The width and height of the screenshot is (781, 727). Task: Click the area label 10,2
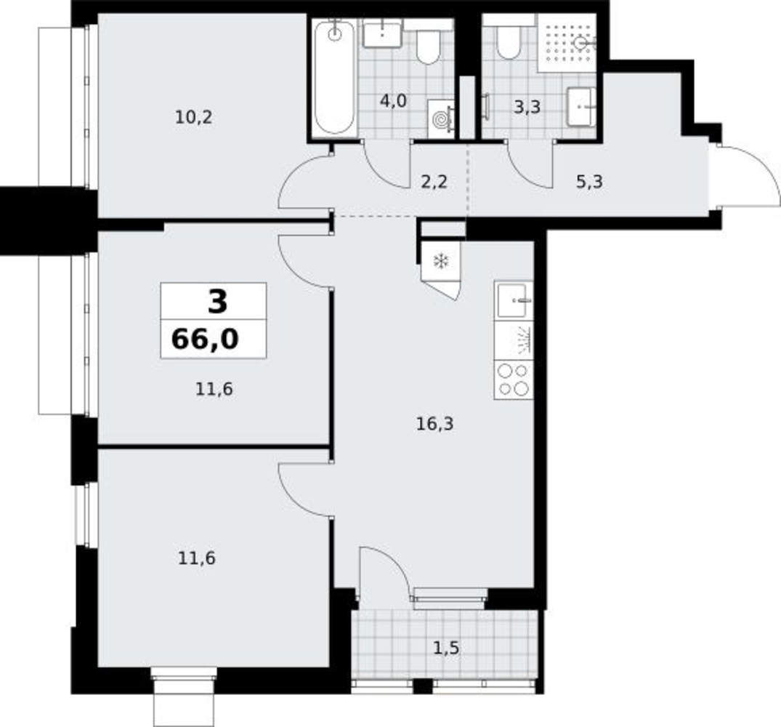194,118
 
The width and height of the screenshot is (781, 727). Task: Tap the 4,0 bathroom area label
393,101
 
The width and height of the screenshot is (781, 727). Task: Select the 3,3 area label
527,107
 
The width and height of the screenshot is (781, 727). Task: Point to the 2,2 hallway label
434,182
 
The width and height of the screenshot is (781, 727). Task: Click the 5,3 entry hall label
589,182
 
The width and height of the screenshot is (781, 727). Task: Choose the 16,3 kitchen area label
435,424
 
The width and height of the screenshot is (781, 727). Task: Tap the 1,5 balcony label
446,648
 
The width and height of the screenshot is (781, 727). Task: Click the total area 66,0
205,340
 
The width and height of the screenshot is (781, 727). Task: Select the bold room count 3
218,302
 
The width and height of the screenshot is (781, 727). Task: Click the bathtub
335,77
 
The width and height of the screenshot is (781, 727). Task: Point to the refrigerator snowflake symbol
441,260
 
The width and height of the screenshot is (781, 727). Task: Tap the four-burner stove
514,379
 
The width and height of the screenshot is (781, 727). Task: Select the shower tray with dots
567,44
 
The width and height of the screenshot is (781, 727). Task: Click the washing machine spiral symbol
440,119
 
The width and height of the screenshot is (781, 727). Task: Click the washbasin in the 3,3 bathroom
580,107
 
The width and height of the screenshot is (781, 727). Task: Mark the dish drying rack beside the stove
514,340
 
